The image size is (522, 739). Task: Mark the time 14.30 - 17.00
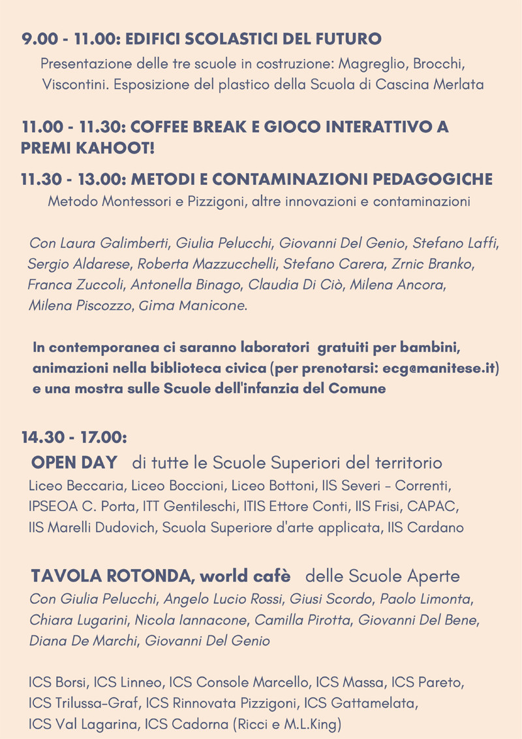point(74,436)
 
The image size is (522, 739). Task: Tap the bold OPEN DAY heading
point(74,463)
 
